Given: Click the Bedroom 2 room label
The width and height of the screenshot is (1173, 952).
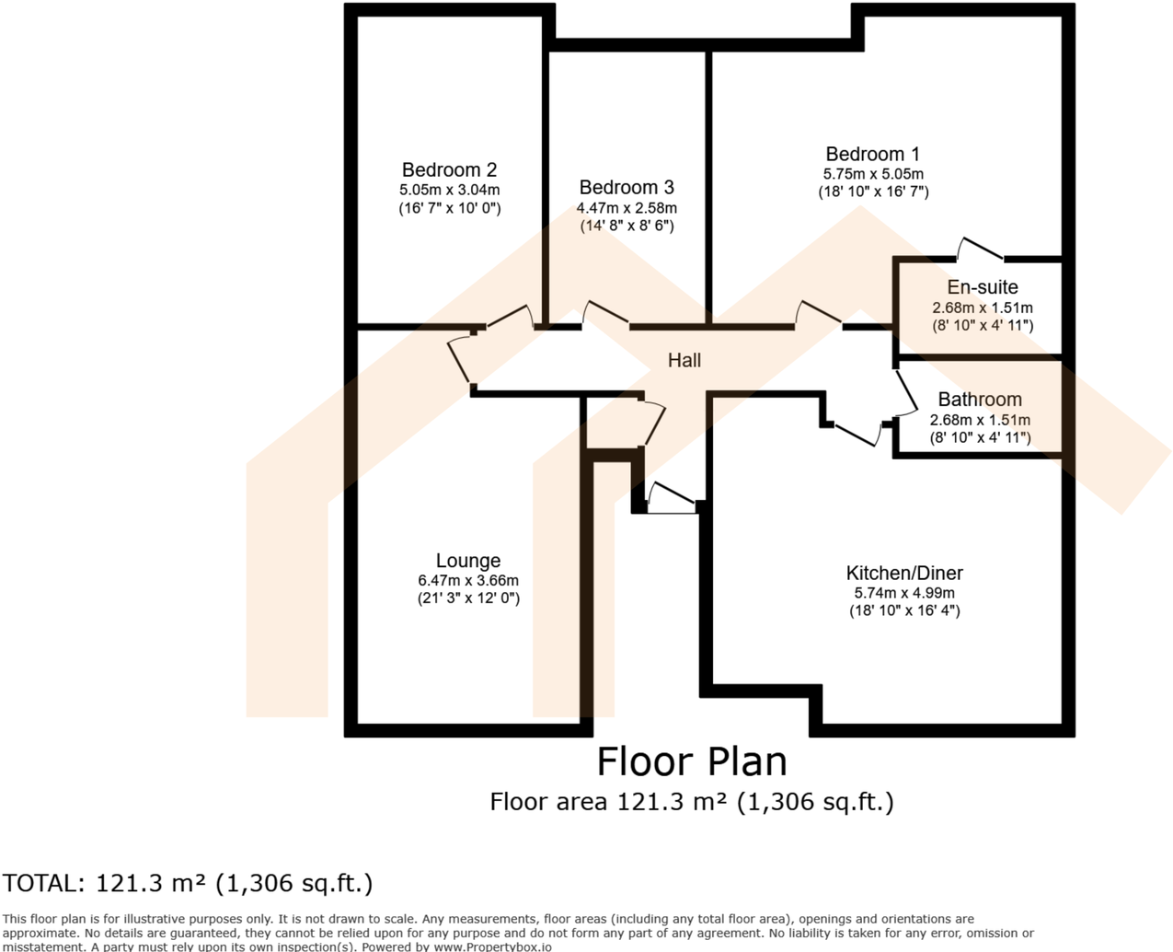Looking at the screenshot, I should coord(449,170).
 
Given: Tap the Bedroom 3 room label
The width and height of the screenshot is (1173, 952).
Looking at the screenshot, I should coord(627,188).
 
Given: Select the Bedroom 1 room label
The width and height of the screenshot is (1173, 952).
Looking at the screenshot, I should coord(872,155).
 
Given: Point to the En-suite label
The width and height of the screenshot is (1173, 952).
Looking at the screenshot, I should coord(983,287).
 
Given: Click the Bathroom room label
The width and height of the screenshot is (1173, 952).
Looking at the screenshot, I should coord(980,400).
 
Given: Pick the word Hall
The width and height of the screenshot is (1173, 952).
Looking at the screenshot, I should coord(684,361).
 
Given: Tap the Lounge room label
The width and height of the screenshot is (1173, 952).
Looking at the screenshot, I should coord(468,561).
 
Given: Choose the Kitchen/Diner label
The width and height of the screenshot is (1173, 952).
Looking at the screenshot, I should coord(904,573).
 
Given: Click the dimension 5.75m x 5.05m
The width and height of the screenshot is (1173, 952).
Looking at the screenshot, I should coord(873,174).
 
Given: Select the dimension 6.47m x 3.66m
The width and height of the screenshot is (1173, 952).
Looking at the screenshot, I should coord(468,581).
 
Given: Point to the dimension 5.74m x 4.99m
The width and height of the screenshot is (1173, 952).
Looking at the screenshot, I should coord(904,593).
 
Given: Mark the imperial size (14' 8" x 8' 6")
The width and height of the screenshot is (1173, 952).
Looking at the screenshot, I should coord(627,226).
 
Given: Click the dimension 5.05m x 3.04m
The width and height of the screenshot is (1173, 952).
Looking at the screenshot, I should coord(449,190).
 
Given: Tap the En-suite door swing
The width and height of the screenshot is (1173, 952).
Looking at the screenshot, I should coord(981,249).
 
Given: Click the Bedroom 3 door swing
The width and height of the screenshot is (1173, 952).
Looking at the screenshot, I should coord(604,315).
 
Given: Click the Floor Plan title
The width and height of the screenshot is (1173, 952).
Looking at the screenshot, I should coord(692,761).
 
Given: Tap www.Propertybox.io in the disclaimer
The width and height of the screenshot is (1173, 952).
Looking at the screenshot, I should coord(492,946).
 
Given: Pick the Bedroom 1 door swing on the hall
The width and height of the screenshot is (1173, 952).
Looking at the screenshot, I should coord(818,313).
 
